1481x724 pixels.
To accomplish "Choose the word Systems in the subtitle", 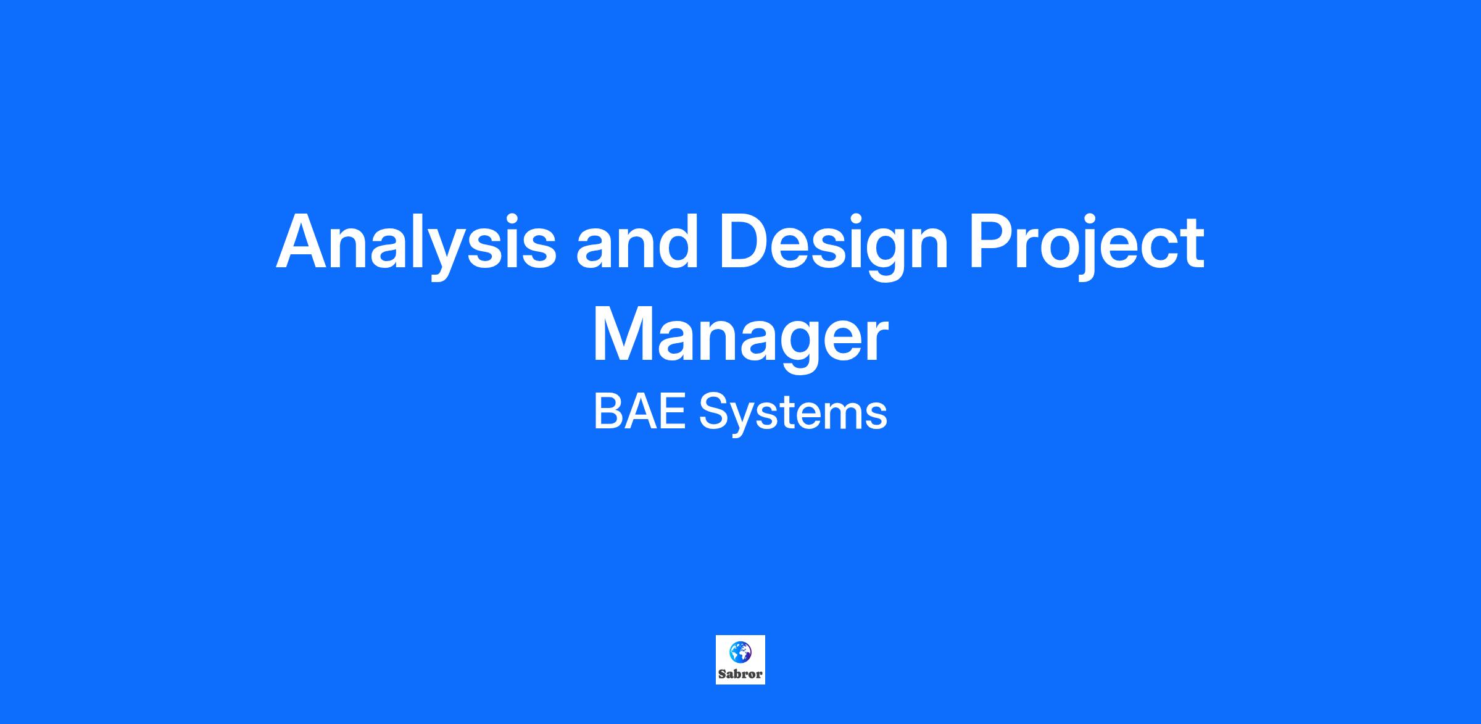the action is [x=793, y=415].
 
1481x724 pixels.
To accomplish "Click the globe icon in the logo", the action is [x=740, y=652].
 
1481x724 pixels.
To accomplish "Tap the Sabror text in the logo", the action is [x=740, y=674].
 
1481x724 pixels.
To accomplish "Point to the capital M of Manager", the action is [x=623, y=334].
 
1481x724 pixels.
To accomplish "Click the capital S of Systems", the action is [x=715, y=412].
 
